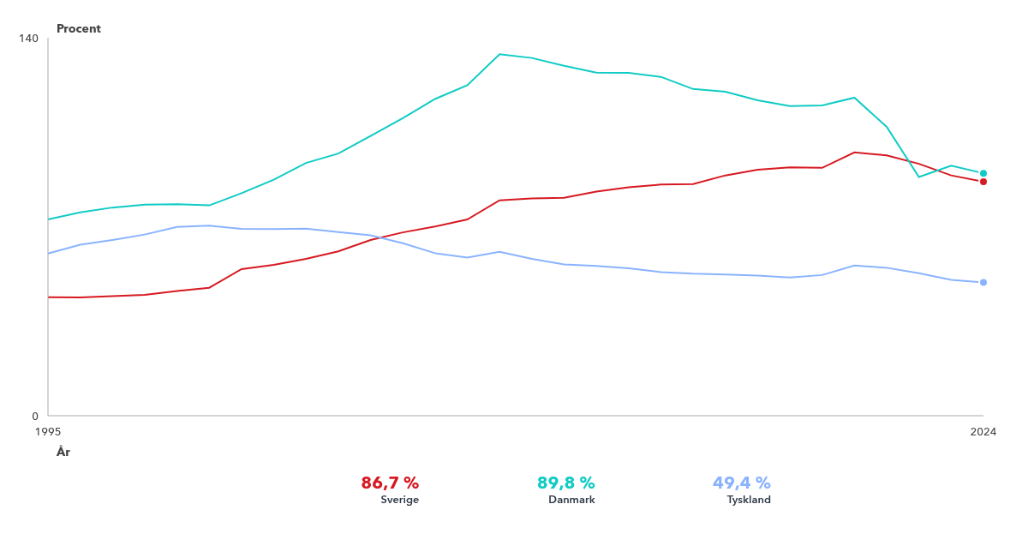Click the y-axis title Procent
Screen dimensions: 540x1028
(79, 29)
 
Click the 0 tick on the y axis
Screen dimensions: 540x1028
(35, 416)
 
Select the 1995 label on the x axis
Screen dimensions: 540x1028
(48, 432)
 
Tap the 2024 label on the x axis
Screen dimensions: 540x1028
(983, 432)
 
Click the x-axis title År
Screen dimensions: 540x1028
(63, 452)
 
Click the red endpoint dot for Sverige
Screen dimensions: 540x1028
(983, 182)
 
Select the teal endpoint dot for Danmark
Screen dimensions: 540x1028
(983, 173)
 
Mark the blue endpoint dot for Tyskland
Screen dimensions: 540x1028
(983, 283)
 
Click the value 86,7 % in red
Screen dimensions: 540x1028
(390, 483)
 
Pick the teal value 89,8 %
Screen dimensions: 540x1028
(565, 483)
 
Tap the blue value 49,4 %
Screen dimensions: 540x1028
(742, 483)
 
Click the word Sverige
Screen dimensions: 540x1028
(400, 500)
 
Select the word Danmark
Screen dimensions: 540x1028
(571, 500)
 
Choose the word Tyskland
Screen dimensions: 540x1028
(749, 500)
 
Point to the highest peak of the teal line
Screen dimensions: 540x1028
(499, 54)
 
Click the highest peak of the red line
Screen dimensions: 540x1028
(854, 153)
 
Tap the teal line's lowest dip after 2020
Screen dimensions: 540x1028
(919, 177)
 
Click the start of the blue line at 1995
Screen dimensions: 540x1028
(49, 254)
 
